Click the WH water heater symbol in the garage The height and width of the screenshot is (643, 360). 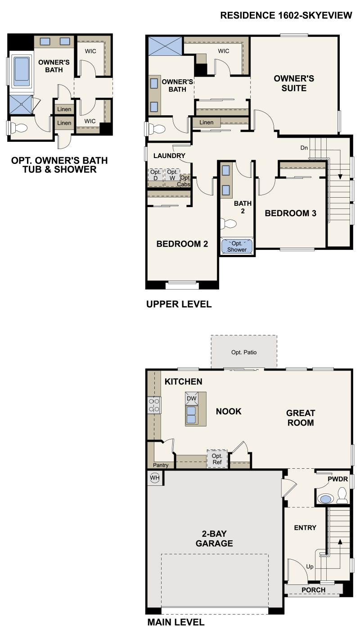[155, 478]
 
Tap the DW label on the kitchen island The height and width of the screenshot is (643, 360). [191, 398]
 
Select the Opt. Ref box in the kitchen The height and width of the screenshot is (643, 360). [217, 459]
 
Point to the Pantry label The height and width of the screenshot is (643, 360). [161, 465]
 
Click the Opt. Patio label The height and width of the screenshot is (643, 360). [244, 352]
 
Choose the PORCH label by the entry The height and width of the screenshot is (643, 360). [313, 590]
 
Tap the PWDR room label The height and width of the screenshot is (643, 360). [338, 479]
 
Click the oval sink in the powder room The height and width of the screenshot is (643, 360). [325, 499]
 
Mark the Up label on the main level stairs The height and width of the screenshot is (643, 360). [310, 566]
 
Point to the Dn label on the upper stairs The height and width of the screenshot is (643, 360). [305, 148]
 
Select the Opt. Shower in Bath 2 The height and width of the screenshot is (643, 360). [237, 246]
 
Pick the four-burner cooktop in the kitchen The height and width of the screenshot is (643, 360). [154, 405]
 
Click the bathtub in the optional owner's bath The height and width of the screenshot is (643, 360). [21, 71]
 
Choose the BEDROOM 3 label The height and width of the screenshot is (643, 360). [290, 213]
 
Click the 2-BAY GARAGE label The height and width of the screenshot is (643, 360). [214, 538]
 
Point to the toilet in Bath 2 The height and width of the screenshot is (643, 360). [229, 223]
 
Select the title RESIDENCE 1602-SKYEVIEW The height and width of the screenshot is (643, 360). [286, 16]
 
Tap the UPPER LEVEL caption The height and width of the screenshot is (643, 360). [179, 304]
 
